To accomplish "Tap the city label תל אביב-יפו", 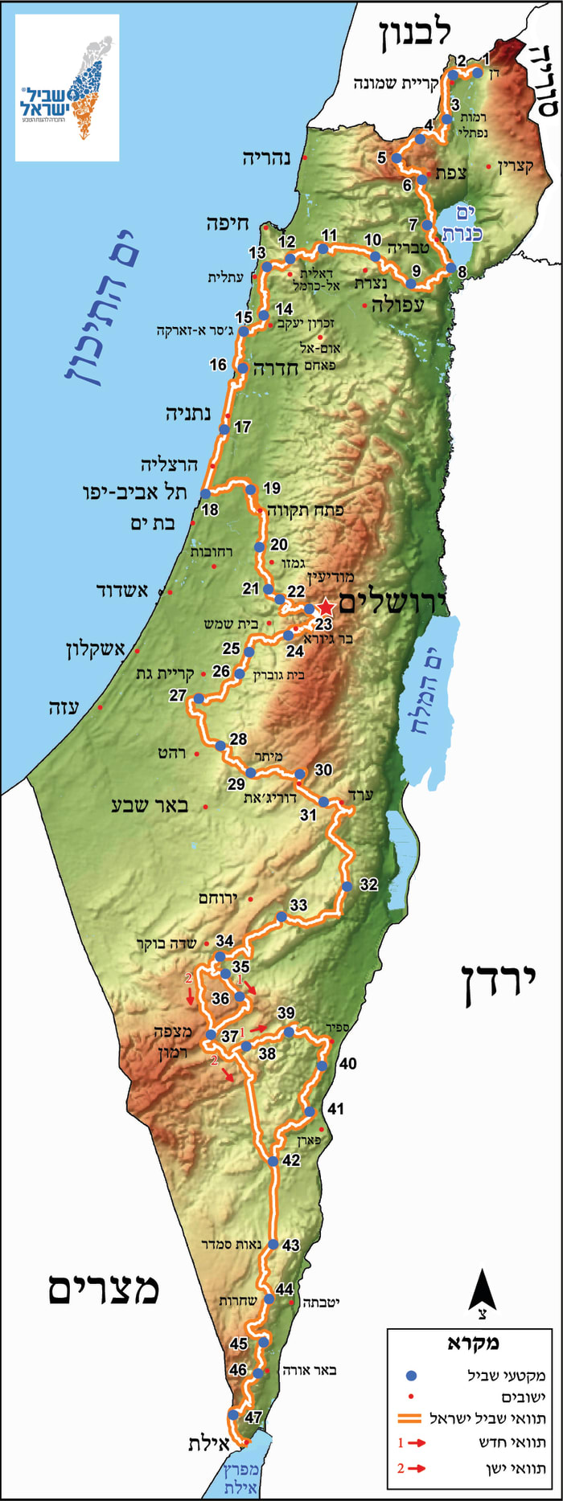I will point(134,492).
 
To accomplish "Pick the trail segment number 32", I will point(368,885).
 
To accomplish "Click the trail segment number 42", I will point(291,1160).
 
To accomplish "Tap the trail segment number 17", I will point(242,427).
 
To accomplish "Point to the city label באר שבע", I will point(150,805).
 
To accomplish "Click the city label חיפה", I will point(228,224).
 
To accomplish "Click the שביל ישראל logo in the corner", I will point(68,88).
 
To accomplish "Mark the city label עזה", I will point(64,708).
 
